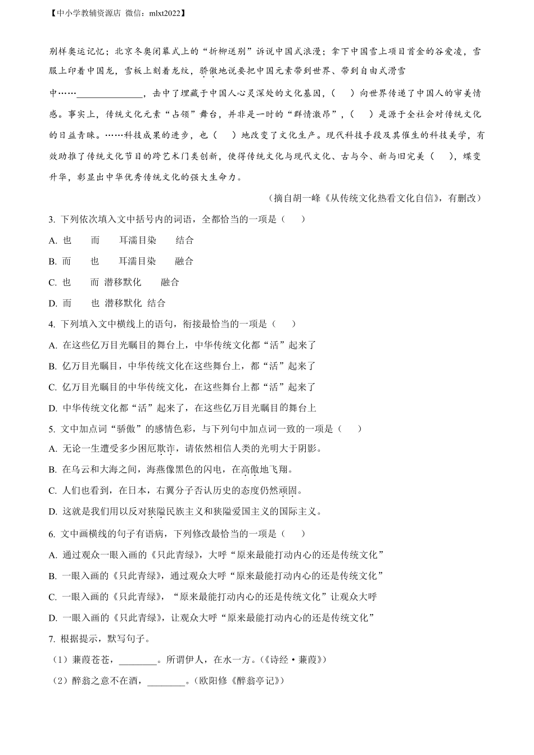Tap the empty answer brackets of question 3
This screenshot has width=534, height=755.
pyautogui.click(x=292, y=219)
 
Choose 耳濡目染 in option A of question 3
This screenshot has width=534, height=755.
pyautogui.click(x=137, y=240)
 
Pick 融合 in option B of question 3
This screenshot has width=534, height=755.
pyautogui.click(x=184, y=261)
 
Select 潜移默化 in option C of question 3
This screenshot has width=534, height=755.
pyautogui.click(x=123, y=282)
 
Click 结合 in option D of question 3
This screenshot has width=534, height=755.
pyautogui.click(x=156, y=303)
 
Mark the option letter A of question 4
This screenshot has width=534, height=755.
pyautogui.click(x=53, y=345)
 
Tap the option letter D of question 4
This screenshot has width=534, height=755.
pyautogui.click(x=53, y=408)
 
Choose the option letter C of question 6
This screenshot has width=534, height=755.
pyautogui.click(x=53, y=597)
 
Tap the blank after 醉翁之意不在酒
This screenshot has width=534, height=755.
pyautogui.click(x=166, y=681)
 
